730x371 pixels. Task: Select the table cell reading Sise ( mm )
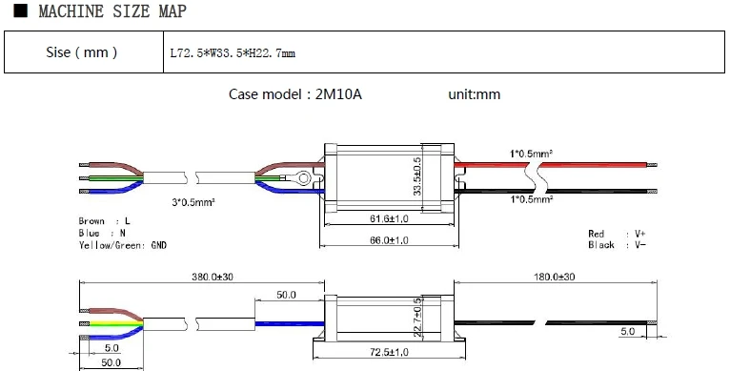pos(82,52)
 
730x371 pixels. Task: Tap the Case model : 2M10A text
pos(295,94)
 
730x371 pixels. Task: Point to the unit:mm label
pos(474,94)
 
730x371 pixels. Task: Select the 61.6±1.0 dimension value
pos(388,219)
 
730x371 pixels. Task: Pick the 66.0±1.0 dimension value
pos(388,240)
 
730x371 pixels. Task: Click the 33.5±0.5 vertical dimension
pos(416,177)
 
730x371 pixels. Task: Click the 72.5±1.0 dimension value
pos(388,354)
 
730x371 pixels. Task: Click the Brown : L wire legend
pos(105,221)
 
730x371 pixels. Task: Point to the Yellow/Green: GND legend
pos(123,244)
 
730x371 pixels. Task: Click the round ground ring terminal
pos(301,176)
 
